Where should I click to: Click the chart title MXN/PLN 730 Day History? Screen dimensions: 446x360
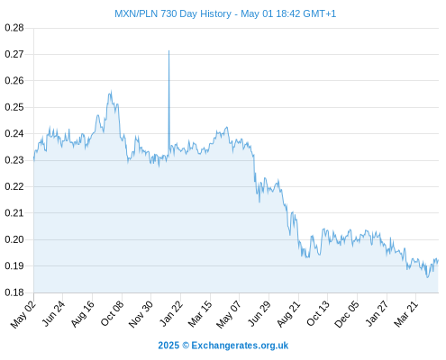click(x=173, y=13)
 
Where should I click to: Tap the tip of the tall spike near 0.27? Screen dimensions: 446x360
click(x=168, y=50)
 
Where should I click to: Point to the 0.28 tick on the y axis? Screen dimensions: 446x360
click(x=14, y=28)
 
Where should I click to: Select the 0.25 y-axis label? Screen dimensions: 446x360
click(x=14, y=107)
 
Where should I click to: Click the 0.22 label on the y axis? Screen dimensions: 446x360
click(x=14, y=186)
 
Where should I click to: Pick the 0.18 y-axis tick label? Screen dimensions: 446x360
click(x=14, y=292)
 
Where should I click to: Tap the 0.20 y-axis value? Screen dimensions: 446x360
click(x=14, y=239)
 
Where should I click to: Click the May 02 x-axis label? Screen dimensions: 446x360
click(x=23, y=314)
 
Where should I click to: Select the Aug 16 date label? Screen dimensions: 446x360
click(x=83, y=314)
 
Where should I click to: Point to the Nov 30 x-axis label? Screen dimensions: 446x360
click(x=141, y=314)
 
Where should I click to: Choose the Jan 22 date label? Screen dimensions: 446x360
click(x=171, y=314)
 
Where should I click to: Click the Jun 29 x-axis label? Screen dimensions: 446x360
click(x=259, y=314)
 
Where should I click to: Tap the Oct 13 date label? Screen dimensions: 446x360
click(x=318, y=314)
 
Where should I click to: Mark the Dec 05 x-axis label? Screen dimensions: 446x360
click(x=347, y=314)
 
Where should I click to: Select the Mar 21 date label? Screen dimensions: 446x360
click(x=406, y=314)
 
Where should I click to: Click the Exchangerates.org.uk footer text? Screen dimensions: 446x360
click(x=240, y=346)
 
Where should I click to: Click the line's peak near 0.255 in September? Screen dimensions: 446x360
click(x=111, y=91)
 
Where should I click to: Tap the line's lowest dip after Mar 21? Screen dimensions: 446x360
click(x=427, y=277)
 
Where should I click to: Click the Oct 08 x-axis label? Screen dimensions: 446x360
click(x=112, y=314)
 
